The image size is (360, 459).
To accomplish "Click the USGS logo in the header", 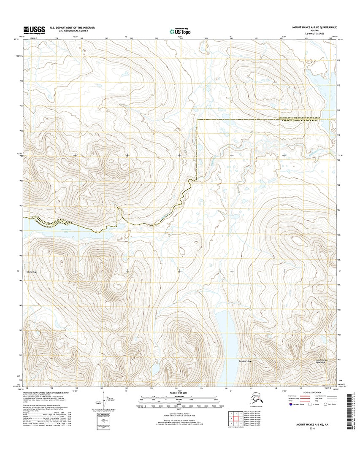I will coord(34,29).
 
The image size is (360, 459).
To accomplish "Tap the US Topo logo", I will coord(180,30).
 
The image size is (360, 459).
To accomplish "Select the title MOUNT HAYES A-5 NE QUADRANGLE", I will coord(313,27).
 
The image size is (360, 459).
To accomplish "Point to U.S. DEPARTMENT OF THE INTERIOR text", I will coord(72,27).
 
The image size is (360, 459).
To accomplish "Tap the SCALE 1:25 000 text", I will coord(180,393).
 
